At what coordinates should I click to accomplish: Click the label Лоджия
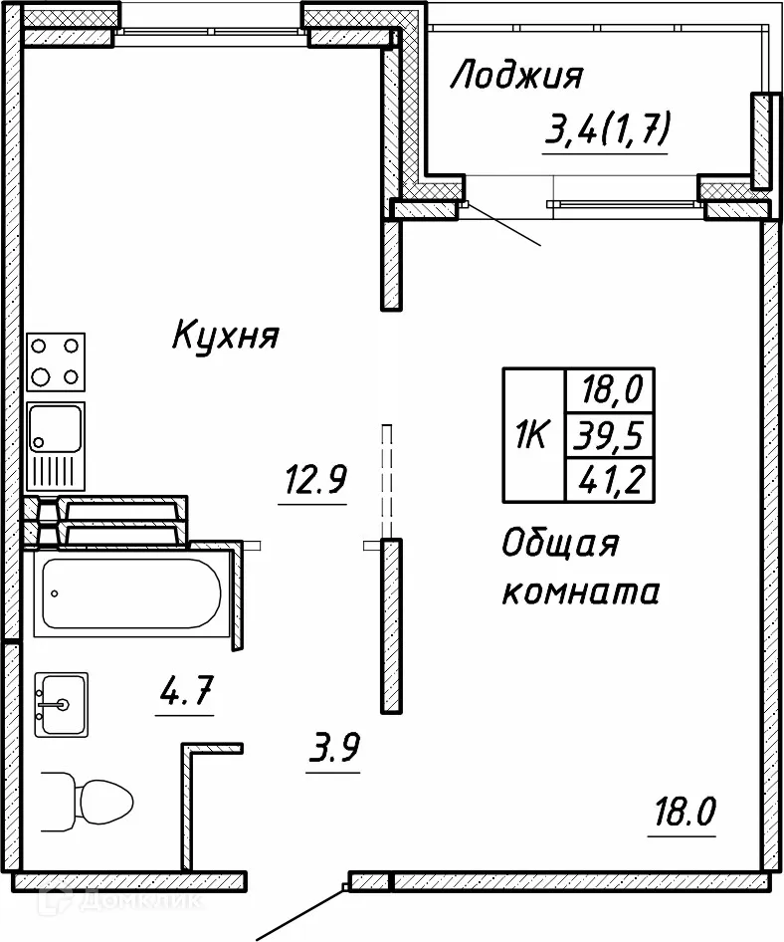[515, 77]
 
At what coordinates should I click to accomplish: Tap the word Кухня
[225, 336]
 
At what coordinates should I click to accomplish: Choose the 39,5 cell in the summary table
[608, 435]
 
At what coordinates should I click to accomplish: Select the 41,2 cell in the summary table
[608, 482]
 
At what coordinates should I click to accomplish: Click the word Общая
[560, 545]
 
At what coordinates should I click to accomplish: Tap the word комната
[580, 593]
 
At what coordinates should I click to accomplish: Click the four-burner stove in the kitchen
[57, 361]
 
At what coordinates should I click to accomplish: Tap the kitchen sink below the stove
[57, 445]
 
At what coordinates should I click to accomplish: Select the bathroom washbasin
[61, 704]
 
